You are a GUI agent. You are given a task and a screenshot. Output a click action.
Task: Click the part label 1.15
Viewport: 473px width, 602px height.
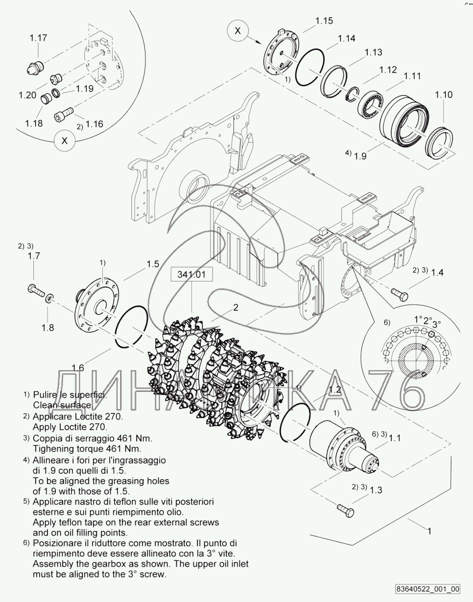pyautogui.click(x=324, y=21)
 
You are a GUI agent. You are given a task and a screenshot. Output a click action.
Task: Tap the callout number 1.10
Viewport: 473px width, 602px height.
pyautogui.click(x=444, y=94)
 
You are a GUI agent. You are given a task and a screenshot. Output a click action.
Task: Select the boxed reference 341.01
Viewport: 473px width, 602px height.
pyautogui.click(x=191, y=275)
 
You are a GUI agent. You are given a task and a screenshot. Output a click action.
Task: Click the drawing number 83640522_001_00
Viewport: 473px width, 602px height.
pyautogui.click(x=427, y=589)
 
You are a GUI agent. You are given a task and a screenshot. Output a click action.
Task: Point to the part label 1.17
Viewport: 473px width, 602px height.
pyautogui.click(x=38, y=38)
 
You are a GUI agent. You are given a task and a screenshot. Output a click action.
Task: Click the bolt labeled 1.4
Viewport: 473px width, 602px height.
pyautogui.click(x=399, y=294)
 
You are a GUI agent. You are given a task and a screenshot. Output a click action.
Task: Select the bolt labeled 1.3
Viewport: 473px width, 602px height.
pyautogui.click(x=344, y=510)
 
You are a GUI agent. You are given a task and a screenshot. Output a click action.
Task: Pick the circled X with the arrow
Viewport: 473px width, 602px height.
pyautogui.click(x=238, y=31)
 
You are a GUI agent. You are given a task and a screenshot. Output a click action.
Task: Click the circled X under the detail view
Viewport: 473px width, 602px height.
pyautogui.click(x=65, y=141)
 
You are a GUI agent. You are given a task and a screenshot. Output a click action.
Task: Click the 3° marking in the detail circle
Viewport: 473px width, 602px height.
pyautogui.click(x=436, y=323)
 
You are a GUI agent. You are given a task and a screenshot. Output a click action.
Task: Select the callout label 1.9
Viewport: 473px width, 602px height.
pyautogui.click(x=360, y=156)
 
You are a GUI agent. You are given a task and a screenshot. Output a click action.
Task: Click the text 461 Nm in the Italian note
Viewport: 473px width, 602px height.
pyautogui.click(x=135, y=438)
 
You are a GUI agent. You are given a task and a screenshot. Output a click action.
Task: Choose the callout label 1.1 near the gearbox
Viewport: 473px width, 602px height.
pyautogui.click(x=395, y=439)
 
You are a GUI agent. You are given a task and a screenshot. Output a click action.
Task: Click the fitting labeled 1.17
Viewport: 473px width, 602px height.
pyautogui.click(x=34, y=67)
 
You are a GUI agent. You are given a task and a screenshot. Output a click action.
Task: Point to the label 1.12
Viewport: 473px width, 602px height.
pyautogui.click(x=388, y=70)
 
